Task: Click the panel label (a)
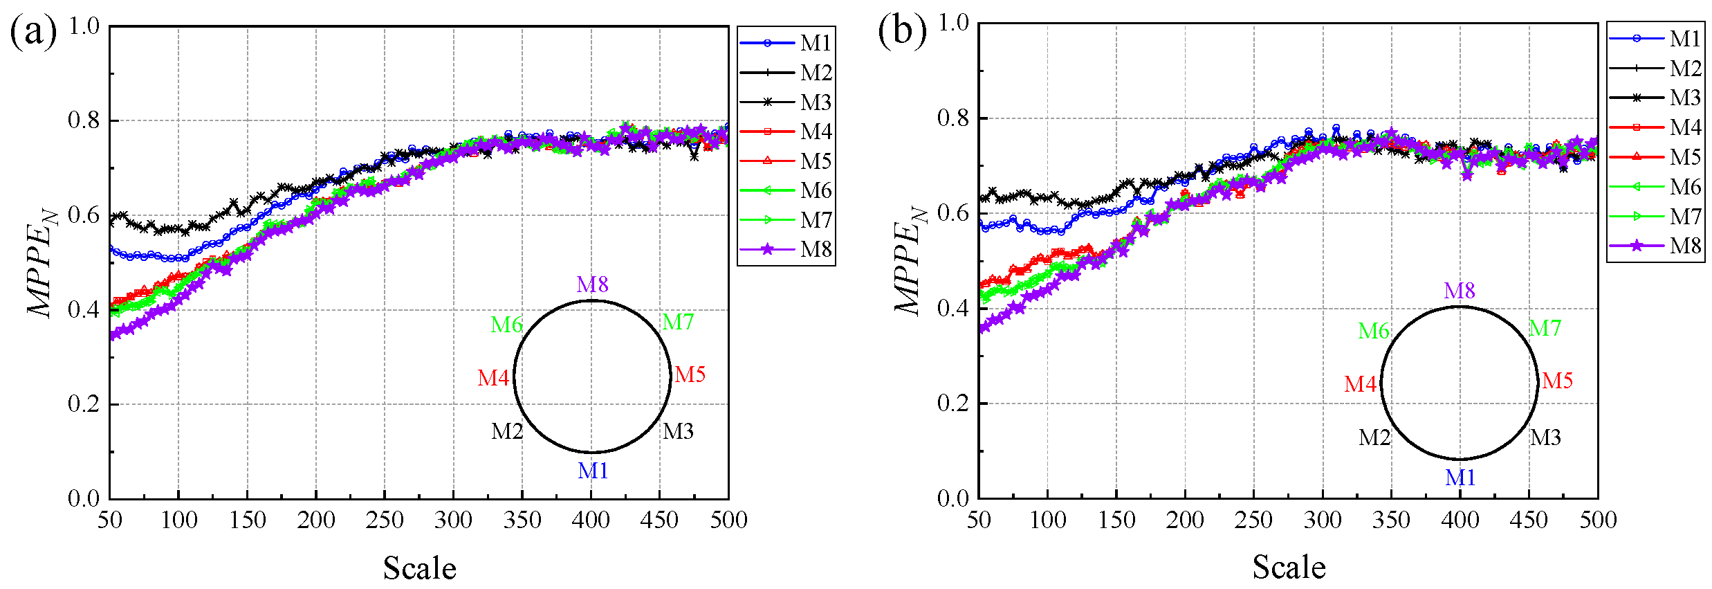pyautogui.click(x=33, y=33)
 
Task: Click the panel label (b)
pyautogui.click(x=902, y=31)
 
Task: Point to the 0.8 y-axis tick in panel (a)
pyautogui.click(x=84, y=120)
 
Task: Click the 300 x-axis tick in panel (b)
pyautogui.click(x=1322, y=520)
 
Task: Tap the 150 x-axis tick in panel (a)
pyautogui.click(x=247, y=520)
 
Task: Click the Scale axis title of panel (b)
pyautogui.click(x=1289, y=567)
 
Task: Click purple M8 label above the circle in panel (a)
pyautogui.click(x=593, y=284)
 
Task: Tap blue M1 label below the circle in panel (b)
pyautogui.click(x=1460, y=478)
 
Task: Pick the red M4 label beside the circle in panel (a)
pyautogui.click(x=493, y=378)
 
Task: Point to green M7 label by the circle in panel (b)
pyautogui.click(x=1545, y=328)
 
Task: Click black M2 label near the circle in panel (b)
pyautogui.click(x=1374, y=437)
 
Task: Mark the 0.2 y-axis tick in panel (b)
pyautogui.click(x=952, y=404)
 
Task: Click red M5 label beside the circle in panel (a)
pyautogui.click(x=690, y=374)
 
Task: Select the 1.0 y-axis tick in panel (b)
pyautogui.click(x=952, y=23)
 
